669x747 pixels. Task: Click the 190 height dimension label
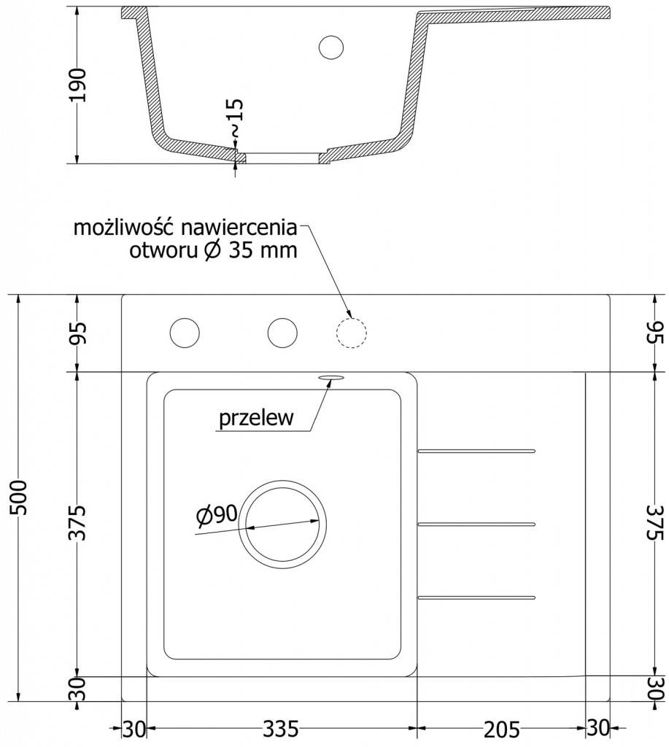tap(79, 85)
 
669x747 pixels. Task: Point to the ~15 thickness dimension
tap(235, 119)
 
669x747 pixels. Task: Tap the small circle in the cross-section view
tap(331, 46)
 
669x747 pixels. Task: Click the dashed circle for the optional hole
tap(350, 333)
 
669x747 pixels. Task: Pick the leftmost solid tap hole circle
tap(185, 333)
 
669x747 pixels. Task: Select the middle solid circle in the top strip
tap(282, 333)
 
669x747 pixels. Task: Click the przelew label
tap(255, 419)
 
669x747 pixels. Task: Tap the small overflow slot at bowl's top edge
tap(330, 376)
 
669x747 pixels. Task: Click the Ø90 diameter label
tap(216, 515)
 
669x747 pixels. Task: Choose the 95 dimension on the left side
tap(79, 333)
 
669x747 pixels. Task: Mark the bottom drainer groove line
tap(476, 597)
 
